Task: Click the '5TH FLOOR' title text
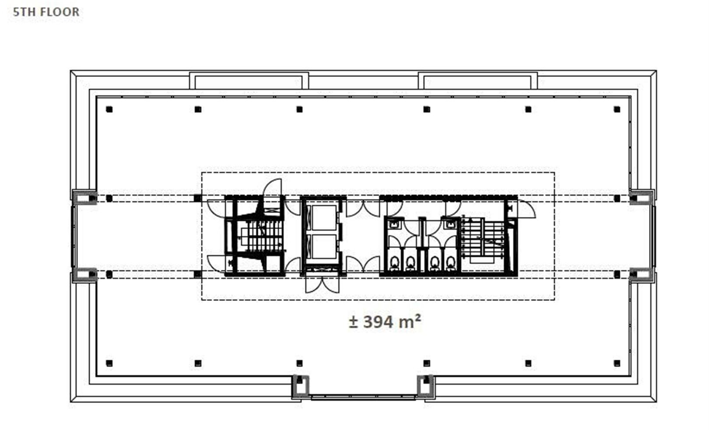[46, 12]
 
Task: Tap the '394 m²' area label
[392, 322]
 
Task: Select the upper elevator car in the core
[324, 217]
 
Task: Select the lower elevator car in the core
[324, 246]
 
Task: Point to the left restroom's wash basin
[394, 224]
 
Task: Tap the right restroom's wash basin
[450, 224]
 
